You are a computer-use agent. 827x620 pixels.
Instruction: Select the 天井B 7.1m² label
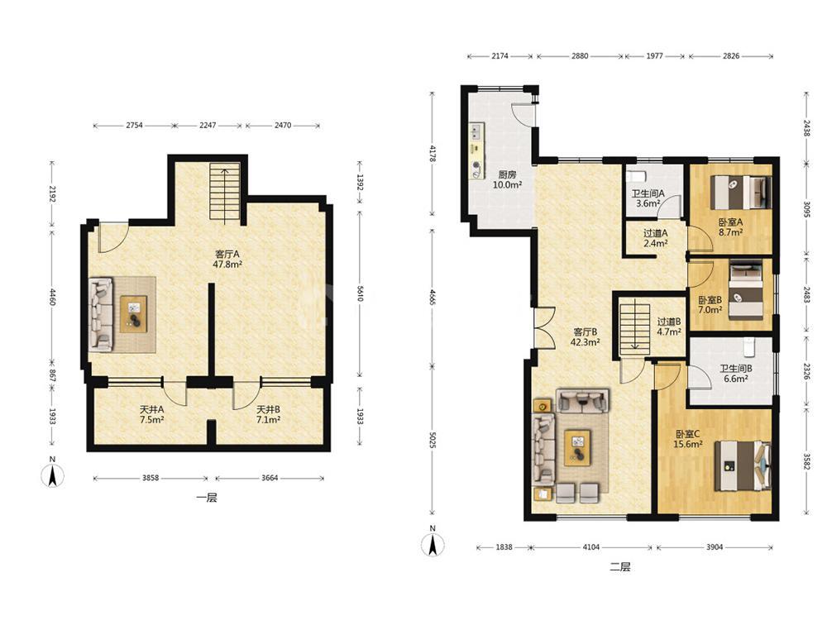point(268,414)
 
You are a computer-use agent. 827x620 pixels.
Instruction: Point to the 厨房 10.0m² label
point(507,179)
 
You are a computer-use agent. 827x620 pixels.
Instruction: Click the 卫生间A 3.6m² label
point(648,198)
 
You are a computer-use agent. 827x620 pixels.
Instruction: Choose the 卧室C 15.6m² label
point(688,439)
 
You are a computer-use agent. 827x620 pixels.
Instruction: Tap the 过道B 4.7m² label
point(669,327)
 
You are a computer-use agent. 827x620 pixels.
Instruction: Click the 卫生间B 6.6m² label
point(736,374)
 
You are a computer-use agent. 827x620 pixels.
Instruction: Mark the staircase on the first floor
point(225,192)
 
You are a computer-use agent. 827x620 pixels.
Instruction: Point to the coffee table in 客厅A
point(133,314)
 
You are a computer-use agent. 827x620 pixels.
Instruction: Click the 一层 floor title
point(207,498)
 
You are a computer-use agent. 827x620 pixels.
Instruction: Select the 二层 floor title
point(620,567)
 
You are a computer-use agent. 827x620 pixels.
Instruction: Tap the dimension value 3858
point(151,478)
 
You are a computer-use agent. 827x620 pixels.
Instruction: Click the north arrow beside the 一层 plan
point(53,476)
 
